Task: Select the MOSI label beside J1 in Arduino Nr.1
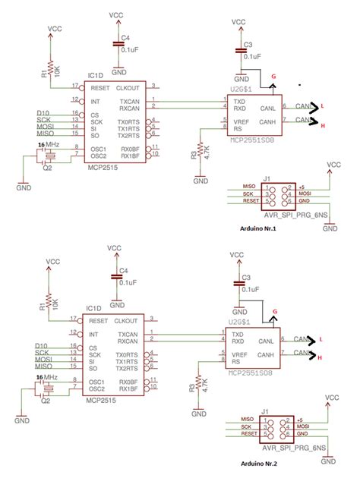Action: point(305,194)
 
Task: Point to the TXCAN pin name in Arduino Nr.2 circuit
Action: point(128,334)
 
